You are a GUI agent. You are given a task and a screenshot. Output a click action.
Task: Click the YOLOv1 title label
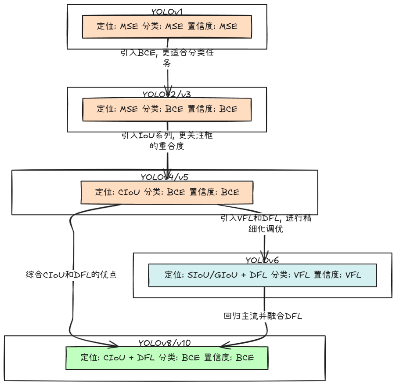point(167,11)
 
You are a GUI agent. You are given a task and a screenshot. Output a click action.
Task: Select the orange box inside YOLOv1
point(167,27)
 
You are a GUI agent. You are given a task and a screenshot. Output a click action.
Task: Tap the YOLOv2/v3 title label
point(167,94)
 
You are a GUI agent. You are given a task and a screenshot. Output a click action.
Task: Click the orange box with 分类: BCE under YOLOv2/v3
point(167,109)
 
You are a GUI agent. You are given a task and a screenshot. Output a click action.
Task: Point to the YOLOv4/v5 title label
point(165,177)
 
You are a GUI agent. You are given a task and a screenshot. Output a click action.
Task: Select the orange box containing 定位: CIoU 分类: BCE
point(167,192)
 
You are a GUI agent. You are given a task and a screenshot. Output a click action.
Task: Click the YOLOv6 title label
point(262,260)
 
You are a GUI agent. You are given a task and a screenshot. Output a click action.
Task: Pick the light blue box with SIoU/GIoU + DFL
point(263,275)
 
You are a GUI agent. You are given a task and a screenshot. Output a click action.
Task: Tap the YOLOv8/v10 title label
point(165,343)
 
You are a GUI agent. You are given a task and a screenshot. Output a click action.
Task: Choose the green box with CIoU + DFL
point(167,358)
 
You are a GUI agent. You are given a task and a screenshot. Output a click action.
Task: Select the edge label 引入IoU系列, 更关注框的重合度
point(167,141)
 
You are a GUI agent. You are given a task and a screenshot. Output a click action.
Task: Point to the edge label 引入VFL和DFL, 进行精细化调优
point(266,224)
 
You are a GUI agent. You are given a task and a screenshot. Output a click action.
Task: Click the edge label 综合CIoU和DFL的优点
point(71,275)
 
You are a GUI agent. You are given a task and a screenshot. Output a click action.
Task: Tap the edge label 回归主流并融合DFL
point(263,316)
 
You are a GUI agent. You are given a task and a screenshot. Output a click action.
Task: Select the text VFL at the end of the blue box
point(353,275)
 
